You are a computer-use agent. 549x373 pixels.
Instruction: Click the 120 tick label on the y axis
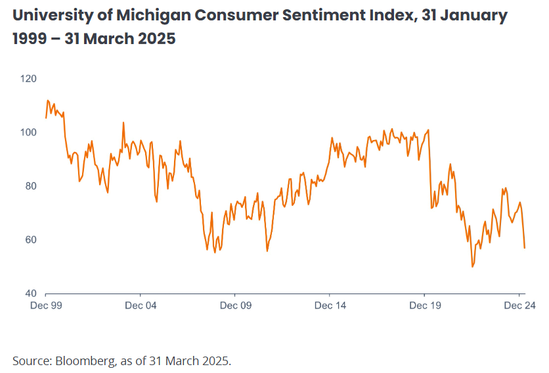(29, 78)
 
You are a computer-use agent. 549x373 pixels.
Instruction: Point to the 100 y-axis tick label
(29, 132)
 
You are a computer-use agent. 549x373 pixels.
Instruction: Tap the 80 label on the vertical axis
(31, 186)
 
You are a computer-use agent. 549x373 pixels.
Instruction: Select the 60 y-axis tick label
(31, 239)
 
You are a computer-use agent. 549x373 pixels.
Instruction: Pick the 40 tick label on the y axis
(31, 293)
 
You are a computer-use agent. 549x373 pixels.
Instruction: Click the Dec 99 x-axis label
(45, 305)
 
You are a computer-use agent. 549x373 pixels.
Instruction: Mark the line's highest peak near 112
(47, 101)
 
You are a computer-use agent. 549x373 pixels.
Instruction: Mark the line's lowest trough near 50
(472, 266)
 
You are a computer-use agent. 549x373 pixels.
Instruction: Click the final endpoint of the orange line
(525, 248)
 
